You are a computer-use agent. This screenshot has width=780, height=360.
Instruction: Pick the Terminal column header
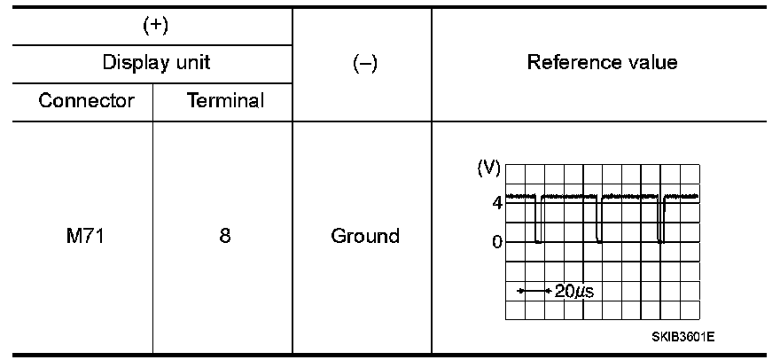225,100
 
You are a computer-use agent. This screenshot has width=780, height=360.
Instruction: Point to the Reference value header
602,63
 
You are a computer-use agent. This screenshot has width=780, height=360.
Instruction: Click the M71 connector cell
85,237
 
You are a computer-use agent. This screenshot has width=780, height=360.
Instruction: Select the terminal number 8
225,237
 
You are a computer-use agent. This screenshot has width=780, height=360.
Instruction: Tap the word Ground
365,237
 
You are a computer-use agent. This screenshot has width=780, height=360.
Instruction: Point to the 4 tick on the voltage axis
497,202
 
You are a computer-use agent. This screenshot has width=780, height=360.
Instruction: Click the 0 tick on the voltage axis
497,241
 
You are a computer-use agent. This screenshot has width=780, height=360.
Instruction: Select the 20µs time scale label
573,291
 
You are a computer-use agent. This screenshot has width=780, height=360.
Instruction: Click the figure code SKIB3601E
682,337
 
